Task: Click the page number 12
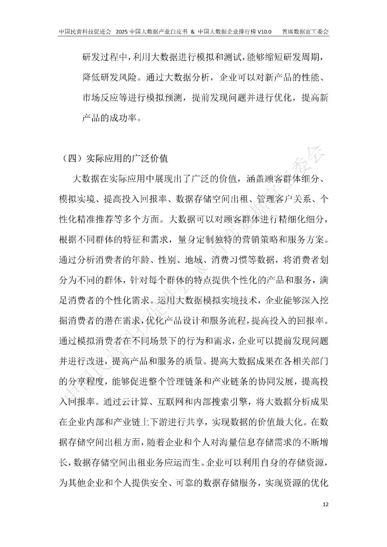(x=325, y=504)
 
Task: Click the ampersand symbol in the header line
(x=192, y=32)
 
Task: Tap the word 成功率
(x=123, y=117)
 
